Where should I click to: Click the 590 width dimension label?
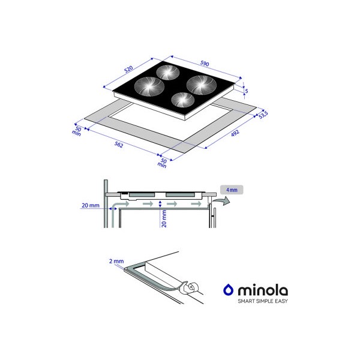(x=205, y=64)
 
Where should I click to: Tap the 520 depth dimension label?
(x=128, y=69)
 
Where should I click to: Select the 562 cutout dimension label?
(x=119, y=145)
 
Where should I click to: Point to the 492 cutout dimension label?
(x=235, y=133)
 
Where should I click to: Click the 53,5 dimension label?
(x=263, y=115)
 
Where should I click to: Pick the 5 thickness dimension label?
(x=247, y=91)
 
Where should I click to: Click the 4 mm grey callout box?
(x=232, y=190)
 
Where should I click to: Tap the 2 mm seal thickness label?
(x=116, y=261)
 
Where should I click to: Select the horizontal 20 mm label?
(x=91, y=205)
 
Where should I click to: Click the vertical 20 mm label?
(x=164, y=219)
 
